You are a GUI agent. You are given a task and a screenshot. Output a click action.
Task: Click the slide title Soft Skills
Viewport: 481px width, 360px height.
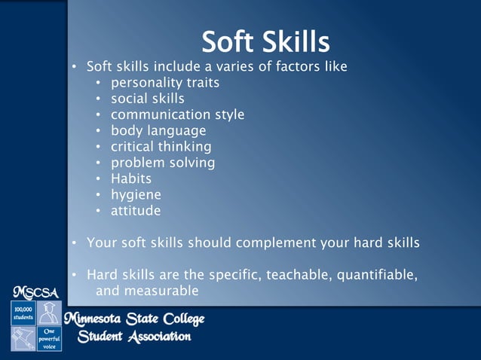point(266,41)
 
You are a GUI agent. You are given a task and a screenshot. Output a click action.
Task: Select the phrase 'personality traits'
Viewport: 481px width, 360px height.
point(165,82)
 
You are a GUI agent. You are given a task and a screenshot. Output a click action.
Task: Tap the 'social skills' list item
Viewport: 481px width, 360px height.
point(147,99)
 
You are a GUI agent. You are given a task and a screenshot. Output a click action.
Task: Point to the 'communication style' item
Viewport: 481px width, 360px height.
point(177,114)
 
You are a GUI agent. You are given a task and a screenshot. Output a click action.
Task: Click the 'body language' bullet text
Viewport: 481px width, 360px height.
point(158,131)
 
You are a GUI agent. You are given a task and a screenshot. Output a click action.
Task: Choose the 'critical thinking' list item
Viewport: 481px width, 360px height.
point(161,147)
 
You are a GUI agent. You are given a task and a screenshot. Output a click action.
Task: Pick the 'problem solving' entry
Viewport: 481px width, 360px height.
point(163,163)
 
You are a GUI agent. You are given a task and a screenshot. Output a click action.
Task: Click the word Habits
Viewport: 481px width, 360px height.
point(131,178)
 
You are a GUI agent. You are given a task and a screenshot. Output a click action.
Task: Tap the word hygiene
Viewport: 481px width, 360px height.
point(136,195)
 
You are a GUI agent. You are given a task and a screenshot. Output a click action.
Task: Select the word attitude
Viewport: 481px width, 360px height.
point(136,211)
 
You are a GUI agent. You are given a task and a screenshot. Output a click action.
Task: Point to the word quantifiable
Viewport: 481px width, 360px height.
point(372,275)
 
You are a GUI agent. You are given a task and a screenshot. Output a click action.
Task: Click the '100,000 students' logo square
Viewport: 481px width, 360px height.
point(21,313)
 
